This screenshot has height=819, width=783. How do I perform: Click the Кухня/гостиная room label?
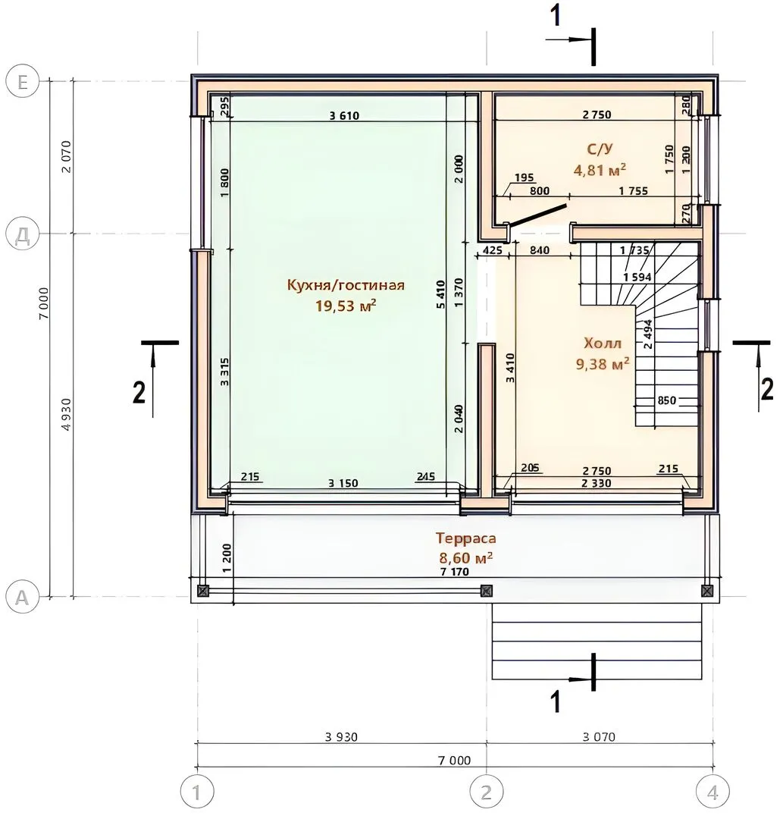coord(346,285)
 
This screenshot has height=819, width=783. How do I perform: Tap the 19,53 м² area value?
coord(346,306)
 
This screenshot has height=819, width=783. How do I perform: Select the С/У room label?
coord(600,149)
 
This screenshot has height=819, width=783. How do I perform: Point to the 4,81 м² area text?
coord(600,170)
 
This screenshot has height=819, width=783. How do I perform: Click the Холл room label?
coord(603,344)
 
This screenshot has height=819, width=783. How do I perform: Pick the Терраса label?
coord(465,538)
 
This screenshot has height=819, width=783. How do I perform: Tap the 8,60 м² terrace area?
coord(465,558)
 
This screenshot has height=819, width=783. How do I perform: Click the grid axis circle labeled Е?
coord(23,82)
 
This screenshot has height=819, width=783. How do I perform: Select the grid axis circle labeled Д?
coord(23,235)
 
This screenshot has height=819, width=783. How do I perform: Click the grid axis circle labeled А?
coord(23,597)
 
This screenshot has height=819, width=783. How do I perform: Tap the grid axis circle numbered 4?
coord(713,792)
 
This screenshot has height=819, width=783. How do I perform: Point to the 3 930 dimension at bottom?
coord(341,737)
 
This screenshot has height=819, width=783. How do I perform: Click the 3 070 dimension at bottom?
coord(599,737)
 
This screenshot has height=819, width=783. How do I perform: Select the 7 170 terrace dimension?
coord(455,572)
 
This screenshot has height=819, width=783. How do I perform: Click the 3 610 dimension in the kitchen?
coord(344,115)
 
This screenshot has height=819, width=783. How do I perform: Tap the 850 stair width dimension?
coord(666,400)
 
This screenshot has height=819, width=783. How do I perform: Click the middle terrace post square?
coord(486,591)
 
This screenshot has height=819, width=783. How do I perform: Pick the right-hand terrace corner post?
coord(707,591)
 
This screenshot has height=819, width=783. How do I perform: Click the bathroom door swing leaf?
coord(537,215)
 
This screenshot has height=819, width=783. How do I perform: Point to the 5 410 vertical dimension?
coord(441,294)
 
